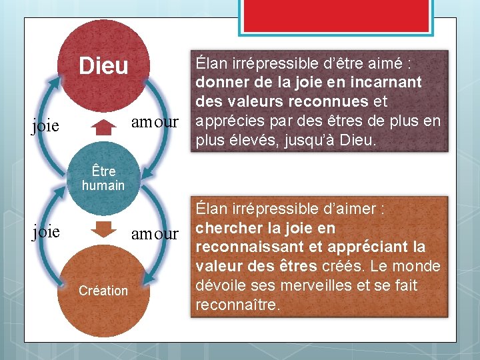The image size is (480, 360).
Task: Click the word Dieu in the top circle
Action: point(103,66)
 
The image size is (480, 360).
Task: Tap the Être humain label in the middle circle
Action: point(103,178)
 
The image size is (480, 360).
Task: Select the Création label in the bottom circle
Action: point(103,291)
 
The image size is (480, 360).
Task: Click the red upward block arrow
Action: point(103,127)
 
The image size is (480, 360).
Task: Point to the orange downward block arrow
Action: point(103,229)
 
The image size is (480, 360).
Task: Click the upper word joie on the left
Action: point(46,125)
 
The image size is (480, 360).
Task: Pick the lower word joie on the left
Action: point(46,231)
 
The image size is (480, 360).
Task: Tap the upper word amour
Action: point(155,122)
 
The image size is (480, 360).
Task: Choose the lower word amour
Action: point(155,234)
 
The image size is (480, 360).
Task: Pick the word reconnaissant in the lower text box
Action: point(244,247)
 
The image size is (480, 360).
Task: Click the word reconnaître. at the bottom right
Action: point(238,305)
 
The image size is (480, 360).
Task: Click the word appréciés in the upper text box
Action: point(225,121)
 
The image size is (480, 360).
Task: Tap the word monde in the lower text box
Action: point(419,267)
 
